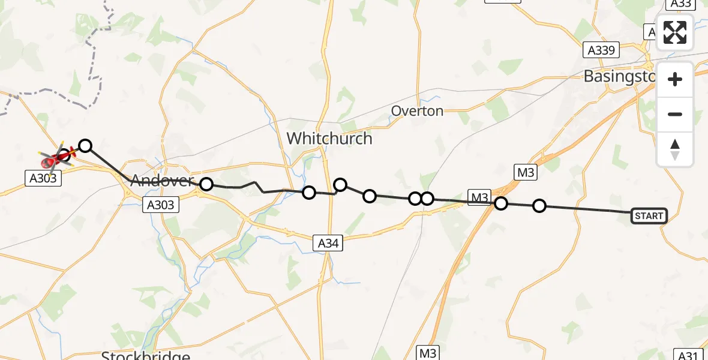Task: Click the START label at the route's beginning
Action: click(x=649, y=216)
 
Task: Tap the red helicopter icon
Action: click(x=56, y=158)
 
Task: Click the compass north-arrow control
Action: click(x=675, y=149)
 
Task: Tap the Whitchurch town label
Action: click(x=329, y=139)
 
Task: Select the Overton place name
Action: click(x=417, y=111)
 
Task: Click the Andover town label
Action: click(x=162, y=180)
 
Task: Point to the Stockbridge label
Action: click(x=146, y=355)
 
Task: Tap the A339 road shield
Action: click(x=601, y=50)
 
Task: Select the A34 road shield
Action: click(x=328, y=242)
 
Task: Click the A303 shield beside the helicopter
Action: click(x=44, y=177)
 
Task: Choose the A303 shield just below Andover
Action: click(x=161, y=205)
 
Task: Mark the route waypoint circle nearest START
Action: click(x=539, y=206)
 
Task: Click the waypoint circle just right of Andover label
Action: click(x=206, y=184)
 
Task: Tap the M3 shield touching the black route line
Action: click(x=480, y=197)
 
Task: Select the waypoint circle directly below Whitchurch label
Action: click(x=309, y=192)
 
